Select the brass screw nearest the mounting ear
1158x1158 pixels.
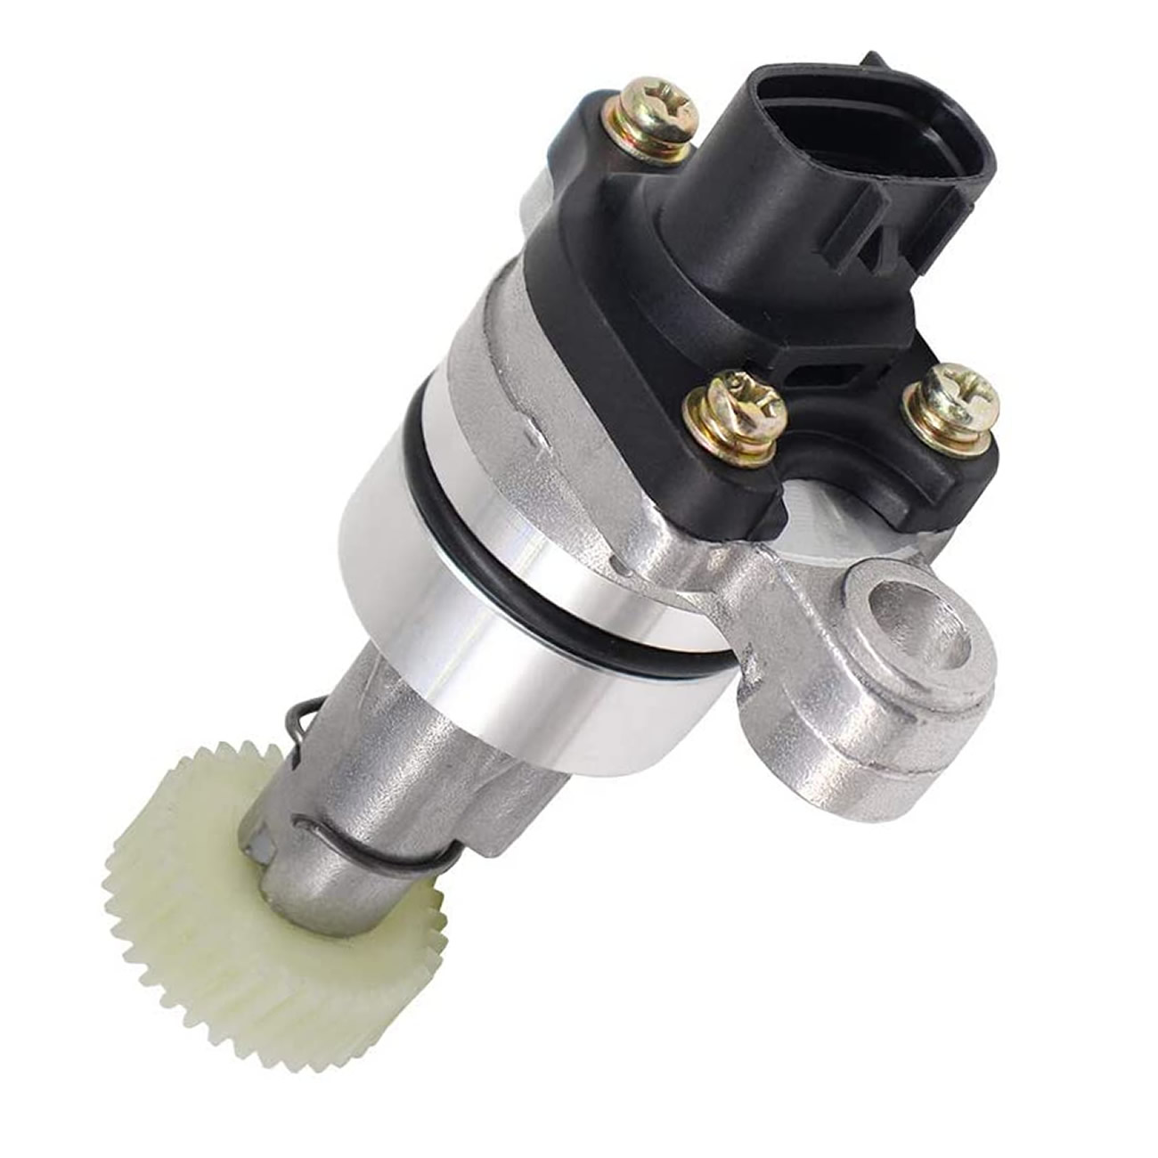[950, 405]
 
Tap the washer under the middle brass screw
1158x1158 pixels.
[732, 441]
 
